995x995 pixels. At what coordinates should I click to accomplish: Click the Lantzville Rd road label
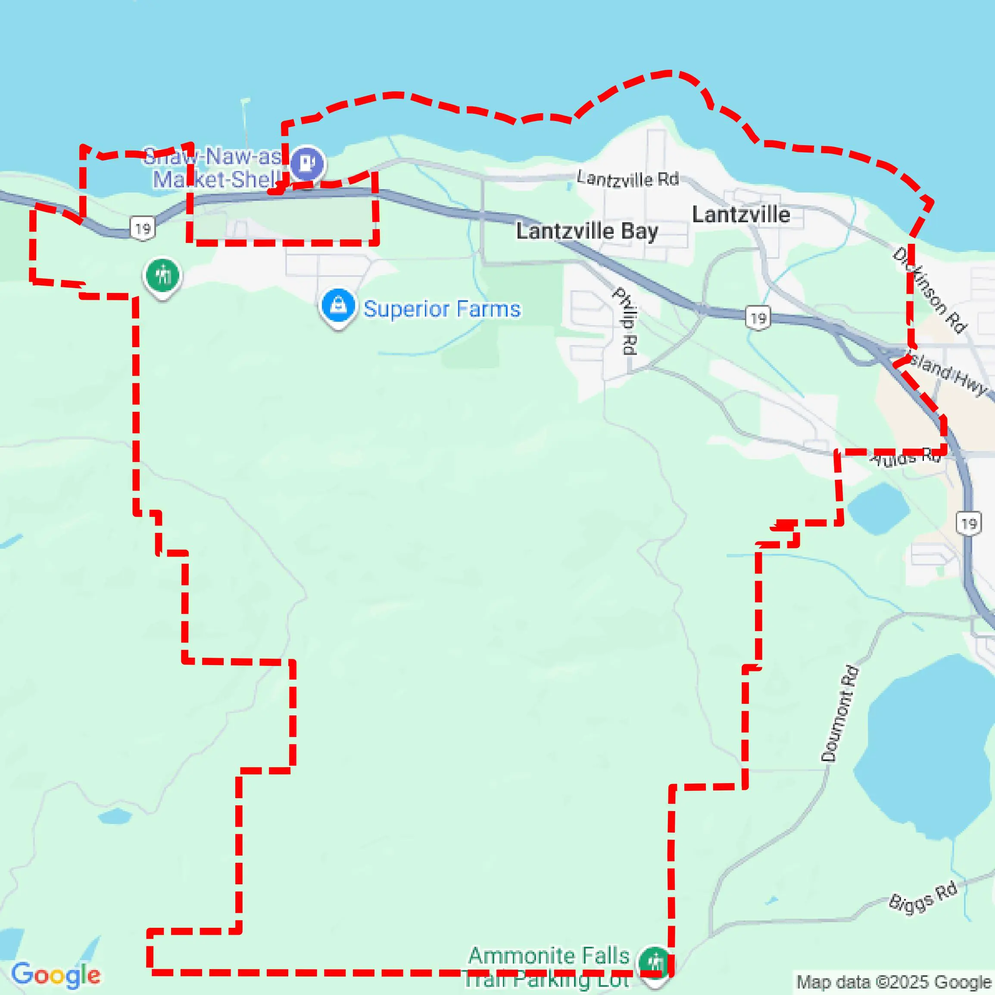coord(627,179)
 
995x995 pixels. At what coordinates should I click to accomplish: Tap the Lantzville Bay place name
coord(587,231)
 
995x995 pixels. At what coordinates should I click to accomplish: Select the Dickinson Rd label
coord(930,290)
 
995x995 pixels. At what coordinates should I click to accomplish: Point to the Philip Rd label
coord(626,321)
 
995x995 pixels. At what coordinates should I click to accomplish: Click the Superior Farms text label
coord(442,309)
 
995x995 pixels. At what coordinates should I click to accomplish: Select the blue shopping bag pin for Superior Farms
coord(338,305)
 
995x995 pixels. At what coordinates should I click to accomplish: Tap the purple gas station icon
coord(308,163)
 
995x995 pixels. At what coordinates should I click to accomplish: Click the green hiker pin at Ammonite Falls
coord(655,961)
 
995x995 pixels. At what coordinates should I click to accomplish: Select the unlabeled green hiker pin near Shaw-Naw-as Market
coord(162,276)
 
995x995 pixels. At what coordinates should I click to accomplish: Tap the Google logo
coord(56,974)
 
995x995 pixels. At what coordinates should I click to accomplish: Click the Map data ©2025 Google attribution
coord(894,982)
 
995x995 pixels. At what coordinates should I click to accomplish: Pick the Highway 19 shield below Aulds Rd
coord(969,524)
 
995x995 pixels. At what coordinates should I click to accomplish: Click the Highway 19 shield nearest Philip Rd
coord(758,319)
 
